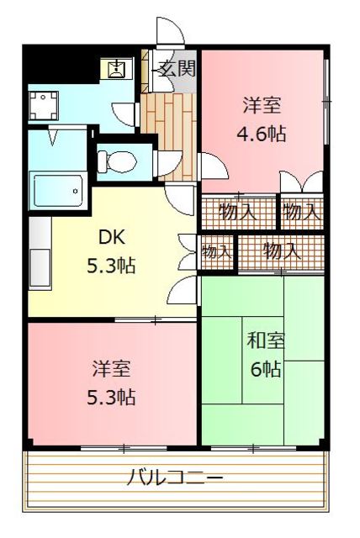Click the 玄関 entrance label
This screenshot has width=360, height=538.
(177, 68)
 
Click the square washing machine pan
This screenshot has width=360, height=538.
(43, 106)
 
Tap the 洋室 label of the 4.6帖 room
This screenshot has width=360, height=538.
(262, 106)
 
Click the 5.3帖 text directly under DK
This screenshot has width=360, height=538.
(112, 266)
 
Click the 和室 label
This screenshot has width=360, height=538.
(265, 341)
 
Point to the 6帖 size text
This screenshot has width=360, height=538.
(265, 368)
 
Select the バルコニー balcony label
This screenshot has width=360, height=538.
(176, 478)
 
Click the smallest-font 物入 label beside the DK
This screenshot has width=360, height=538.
(216, 251)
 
